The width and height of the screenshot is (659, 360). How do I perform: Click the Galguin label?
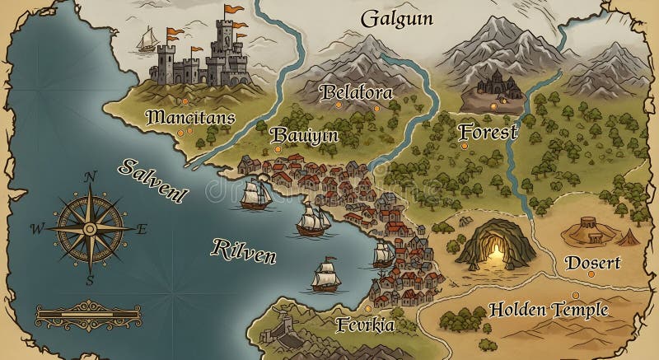coord(397,17)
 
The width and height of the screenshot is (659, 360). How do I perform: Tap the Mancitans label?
coord(190,117)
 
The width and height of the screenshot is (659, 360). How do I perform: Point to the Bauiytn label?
coord(304,134)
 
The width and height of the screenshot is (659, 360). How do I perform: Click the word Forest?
coord(488,131)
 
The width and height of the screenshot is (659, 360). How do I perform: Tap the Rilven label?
coord(244,250)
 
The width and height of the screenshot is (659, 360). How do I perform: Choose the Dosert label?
coord(592,264)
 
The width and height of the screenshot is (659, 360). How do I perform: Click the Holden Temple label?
coord(549,310)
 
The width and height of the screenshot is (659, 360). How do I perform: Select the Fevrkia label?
coord(366,325)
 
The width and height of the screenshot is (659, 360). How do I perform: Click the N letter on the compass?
coord(91,176)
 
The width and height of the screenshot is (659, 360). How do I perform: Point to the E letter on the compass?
coord(141,229)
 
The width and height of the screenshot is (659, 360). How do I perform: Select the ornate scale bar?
coord(79,315)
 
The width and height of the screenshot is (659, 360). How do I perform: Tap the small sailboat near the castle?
coord(148,39)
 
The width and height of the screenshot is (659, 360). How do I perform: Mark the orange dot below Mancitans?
coord(188,130)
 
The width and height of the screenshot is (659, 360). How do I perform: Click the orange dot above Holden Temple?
coord(577,295)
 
